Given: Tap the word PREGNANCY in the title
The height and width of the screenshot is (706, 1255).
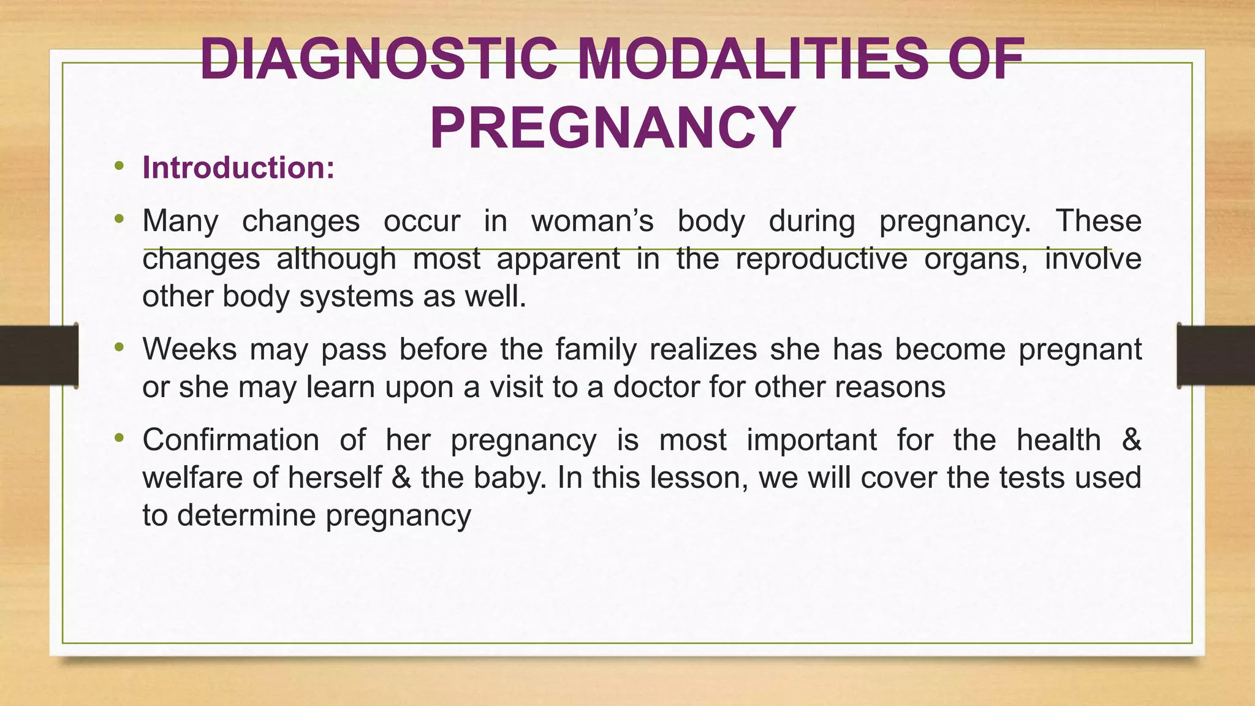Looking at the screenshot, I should [x=612, y=129].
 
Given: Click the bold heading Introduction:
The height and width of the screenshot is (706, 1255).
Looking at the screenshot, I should [x=238, y=168].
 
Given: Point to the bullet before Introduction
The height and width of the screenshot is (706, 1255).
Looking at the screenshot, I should [x=119, y=166].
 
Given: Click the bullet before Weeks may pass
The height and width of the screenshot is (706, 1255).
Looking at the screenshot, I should [x=119, y=347].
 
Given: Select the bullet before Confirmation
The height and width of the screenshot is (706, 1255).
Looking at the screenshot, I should [x=119, y=438].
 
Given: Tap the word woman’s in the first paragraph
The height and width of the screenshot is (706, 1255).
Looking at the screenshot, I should [x=592, y=221].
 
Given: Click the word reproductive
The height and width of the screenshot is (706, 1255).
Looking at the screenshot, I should [x=821, y=259].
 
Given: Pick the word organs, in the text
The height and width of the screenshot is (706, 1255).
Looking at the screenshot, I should [x=975, y=259].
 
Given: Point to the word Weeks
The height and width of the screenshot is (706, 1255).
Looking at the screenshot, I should [x=189, y=349].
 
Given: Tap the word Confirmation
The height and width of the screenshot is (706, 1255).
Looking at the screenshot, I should [x=230, y=440].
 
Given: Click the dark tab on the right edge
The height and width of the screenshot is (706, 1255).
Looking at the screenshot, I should [x=1216, y=355].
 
